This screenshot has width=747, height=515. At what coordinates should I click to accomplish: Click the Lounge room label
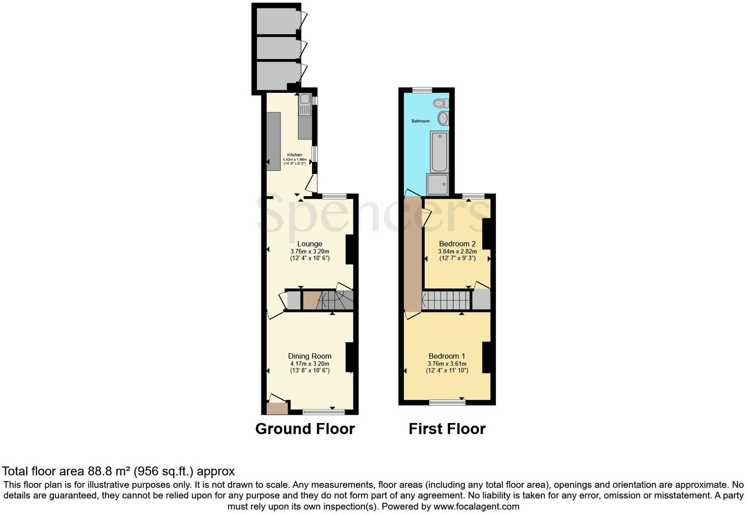click(x=310, y=244)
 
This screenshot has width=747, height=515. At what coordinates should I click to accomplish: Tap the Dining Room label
click(x=310, y=356)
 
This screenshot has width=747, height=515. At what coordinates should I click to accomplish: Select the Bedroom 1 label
click(x=447, y=356)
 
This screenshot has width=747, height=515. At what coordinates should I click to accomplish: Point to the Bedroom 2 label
click(x=457, y=244)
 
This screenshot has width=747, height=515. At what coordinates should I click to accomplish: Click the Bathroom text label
click(x=420, y=121)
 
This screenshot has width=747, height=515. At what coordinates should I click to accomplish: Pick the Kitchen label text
click(x=294, y=155)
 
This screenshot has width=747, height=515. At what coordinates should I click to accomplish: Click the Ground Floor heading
click(x=305, y=429)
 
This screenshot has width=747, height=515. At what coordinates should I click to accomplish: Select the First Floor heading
click(x=447, y=429)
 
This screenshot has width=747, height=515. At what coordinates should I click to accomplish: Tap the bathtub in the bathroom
click(x=439, y=151)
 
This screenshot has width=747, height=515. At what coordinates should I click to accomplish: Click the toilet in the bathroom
click(x=440, y=103)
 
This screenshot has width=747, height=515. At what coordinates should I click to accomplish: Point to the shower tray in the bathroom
click(x=437, y=184)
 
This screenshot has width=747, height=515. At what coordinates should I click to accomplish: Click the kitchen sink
click(x=305, y=99)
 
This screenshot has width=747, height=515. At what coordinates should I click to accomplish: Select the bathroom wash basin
click(x=443, y=118)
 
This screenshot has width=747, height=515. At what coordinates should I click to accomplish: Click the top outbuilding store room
click(x=277, y=21)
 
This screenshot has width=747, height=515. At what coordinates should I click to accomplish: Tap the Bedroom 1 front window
click(x=447, y=402)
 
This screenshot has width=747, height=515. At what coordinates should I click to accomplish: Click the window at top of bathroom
click(x=422, y=90)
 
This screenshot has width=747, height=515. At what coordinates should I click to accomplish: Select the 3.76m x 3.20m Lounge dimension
click(x=310, y=251)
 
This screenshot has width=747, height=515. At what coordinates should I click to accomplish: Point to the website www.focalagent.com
click(x=476, y=506)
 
